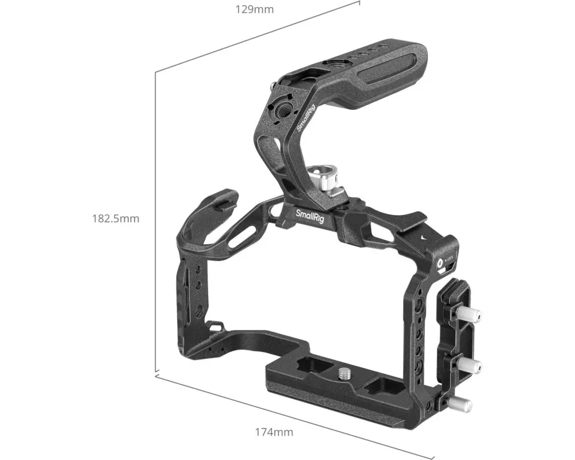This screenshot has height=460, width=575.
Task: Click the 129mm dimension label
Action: click(x=255, y=9)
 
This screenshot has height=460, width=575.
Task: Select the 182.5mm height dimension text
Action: click(x=116, y=218)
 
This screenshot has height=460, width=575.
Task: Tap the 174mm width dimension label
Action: click(x=274, y=432)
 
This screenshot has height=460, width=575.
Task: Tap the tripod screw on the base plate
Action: click(x=344, y=374)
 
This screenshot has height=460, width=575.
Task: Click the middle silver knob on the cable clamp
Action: click(x=469, y=365)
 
